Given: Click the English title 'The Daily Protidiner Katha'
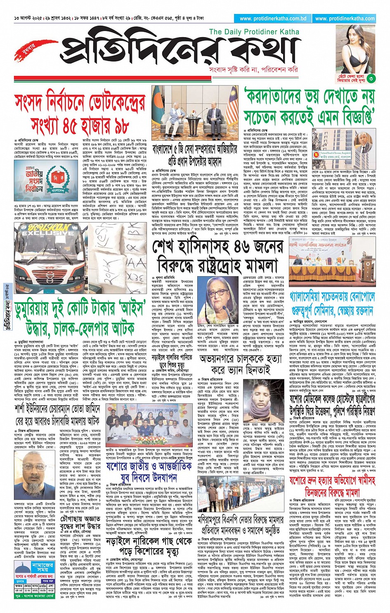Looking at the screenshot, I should click(x=254, y=32).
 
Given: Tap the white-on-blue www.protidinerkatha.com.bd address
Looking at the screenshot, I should click(x=273, y=19).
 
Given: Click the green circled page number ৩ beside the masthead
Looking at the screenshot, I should click(x=371, y=78).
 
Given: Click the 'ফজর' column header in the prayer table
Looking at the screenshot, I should click(x=19, y=586).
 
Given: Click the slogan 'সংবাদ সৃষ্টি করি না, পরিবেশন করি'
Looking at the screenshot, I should click(x=253, y=70).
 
